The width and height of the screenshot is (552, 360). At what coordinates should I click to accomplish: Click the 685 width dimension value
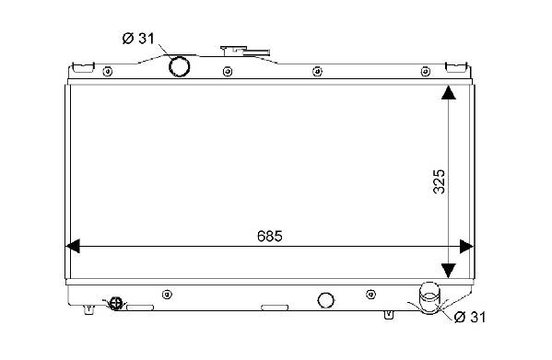point(270,237)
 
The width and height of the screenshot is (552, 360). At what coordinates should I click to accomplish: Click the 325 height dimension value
point(439,181)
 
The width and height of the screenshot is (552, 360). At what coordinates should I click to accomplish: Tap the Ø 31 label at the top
point(138,39)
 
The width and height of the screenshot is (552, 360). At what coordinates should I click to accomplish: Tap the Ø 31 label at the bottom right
point(470,317)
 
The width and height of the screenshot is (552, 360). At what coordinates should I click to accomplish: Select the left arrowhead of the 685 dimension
point(73,246)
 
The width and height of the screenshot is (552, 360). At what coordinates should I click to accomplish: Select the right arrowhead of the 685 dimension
point(467,247)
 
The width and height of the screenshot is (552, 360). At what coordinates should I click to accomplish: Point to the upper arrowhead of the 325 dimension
point(449,92)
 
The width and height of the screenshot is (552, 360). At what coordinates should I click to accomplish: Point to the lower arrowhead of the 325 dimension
point(449,271)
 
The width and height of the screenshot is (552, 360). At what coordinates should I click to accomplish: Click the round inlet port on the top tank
point(180,66)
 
